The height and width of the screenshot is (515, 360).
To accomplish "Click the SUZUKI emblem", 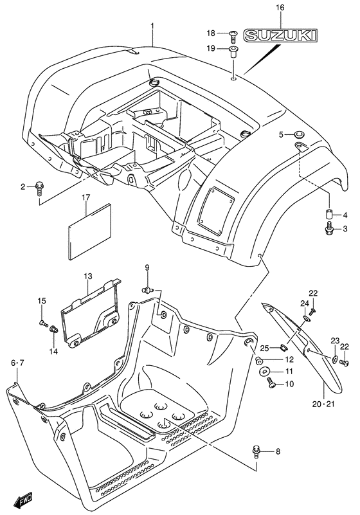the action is (x=281, y=35).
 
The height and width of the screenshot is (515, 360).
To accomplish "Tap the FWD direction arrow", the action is (x=23, y=501).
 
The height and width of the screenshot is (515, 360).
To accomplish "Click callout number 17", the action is (x=85, y=197).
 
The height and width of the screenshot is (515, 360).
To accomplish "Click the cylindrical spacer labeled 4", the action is (x=330, y=215).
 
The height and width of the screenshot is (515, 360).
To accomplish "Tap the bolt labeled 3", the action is (x=330, y=229).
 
